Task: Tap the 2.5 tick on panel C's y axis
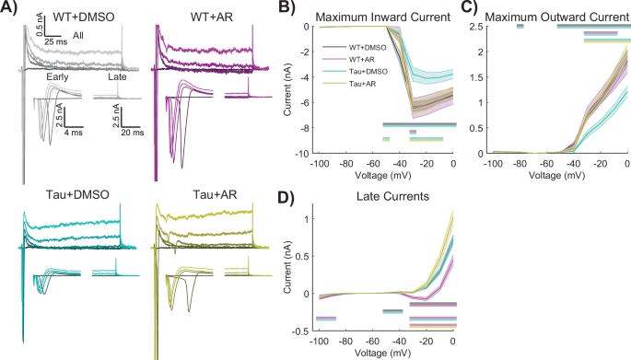click(479, 26)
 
